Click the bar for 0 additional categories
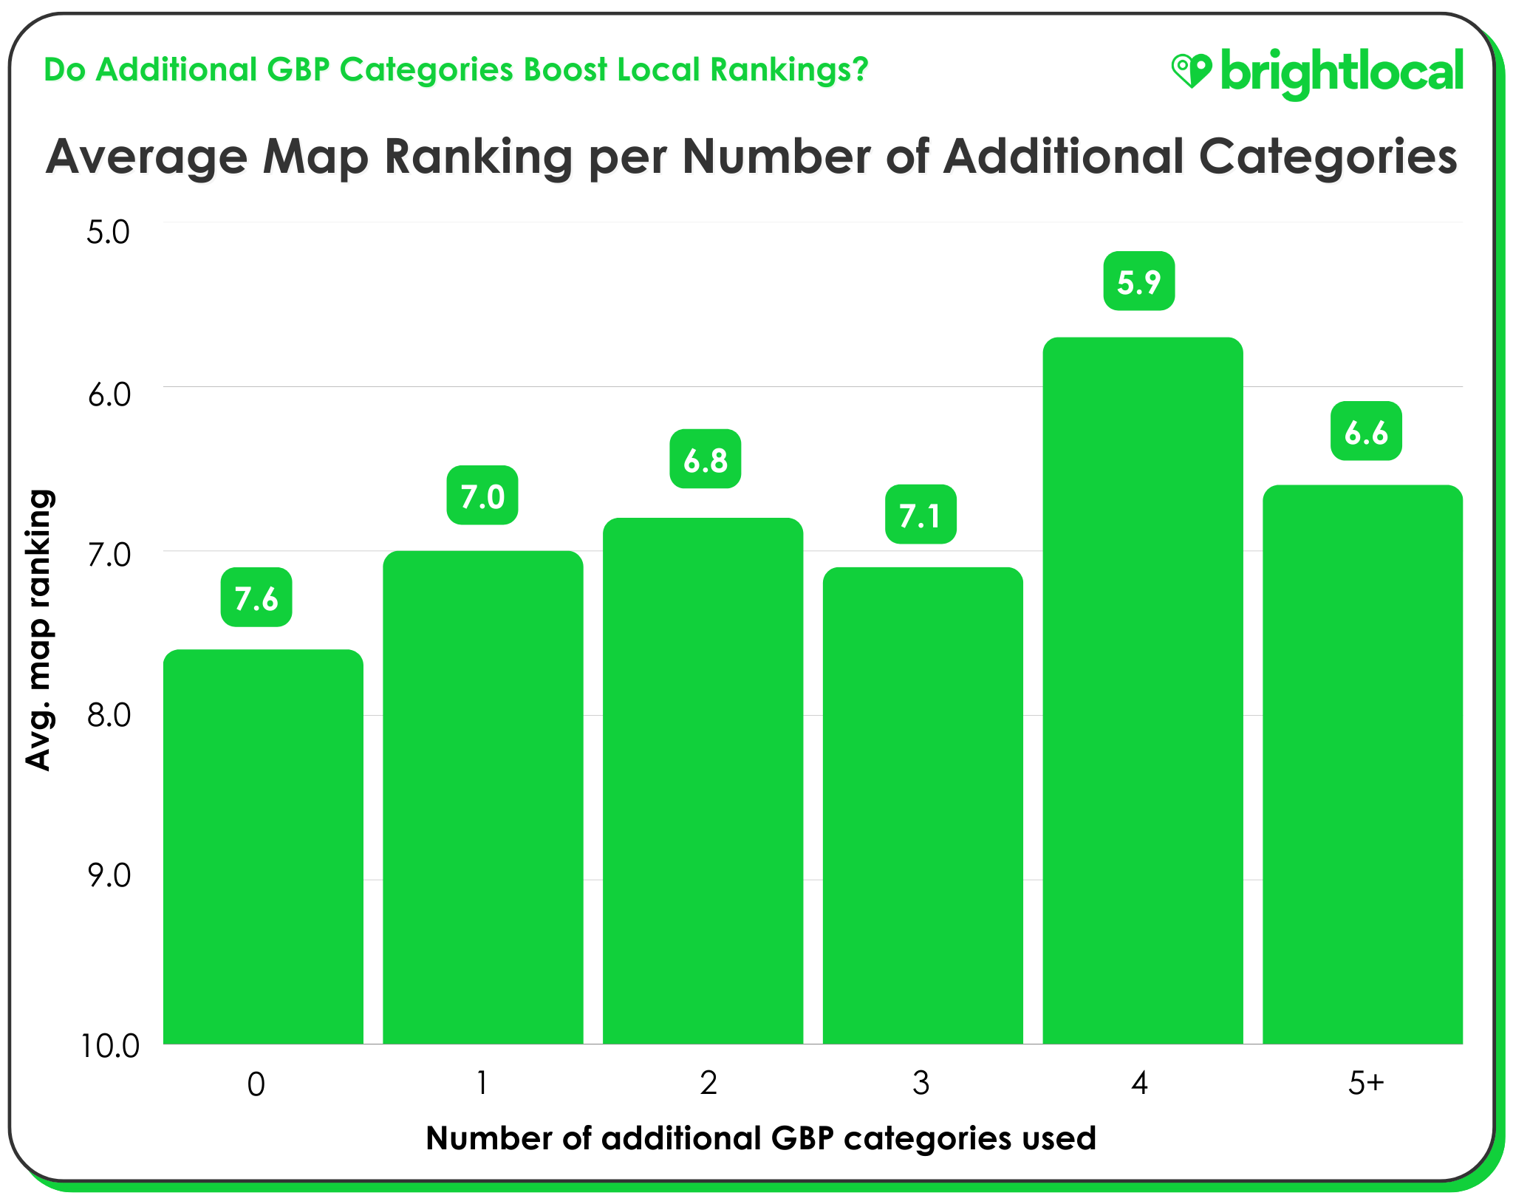(263, 846)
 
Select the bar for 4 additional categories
(1142, 691)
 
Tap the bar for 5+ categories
(1362, 765)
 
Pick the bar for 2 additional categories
(703, 781)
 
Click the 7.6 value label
(256, 598)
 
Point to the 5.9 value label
(1138, 281)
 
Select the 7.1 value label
(921, 515)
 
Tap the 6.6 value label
(1366, 431)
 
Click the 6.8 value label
(705, 459)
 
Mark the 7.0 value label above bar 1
(482, 496)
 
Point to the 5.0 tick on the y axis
(108, 232)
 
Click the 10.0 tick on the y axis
(109, 1046)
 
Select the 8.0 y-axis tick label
(108, 715)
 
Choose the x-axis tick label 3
(921, 1084)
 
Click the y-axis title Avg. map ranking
(38, 630)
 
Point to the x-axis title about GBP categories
(761, 1138)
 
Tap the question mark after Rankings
(858, 69)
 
